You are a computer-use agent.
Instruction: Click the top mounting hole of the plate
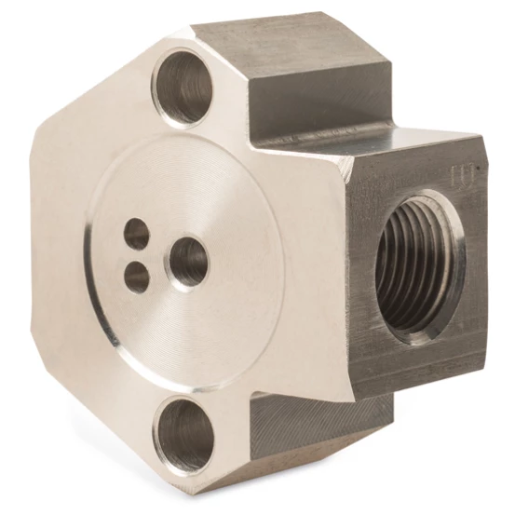[x=183, y=87]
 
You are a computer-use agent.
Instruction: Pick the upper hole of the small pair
[x=137, y=233]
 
